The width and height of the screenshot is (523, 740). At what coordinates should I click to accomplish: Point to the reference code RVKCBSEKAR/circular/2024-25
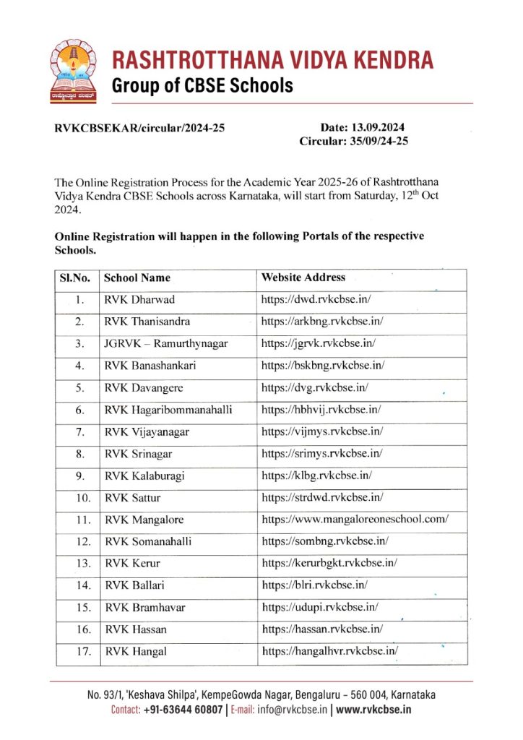click(x=140, y=129)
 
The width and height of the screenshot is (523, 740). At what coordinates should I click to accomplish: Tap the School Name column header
click(x=137, y=277)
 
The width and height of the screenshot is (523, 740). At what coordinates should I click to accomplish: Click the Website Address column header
click(x=303, y=277)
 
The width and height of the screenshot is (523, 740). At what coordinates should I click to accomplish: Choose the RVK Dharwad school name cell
click(x=139, y=299)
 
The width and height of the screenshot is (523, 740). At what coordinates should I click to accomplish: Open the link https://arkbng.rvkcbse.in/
click(x=322, y=321)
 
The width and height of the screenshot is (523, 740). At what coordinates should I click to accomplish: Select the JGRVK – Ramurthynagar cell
click(x=166, y=343)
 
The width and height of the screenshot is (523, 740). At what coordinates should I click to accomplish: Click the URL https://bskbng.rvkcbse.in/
click(x=323, y=366)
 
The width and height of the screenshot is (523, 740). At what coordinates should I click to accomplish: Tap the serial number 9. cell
click(x=81, y=476)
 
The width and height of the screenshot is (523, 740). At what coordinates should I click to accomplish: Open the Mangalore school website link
click(x=355, y=520)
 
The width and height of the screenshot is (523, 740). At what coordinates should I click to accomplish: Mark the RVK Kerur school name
click(x=132, y=564)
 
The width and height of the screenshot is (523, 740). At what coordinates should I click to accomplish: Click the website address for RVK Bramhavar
click(x=320, y=607)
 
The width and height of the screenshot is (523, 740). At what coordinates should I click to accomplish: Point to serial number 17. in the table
click(x=82, y=651)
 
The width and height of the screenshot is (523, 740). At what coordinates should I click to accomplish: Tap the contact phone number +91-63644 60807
click(x=183, y=710)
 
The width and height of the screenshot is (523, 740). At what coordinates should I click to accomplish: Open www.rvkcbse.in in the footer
click(x=373, y=710)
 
